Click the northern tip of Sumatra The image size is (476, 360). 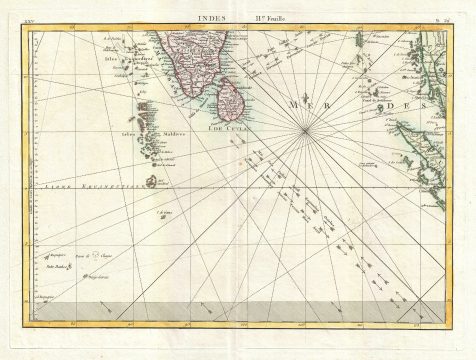[400, 123]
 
